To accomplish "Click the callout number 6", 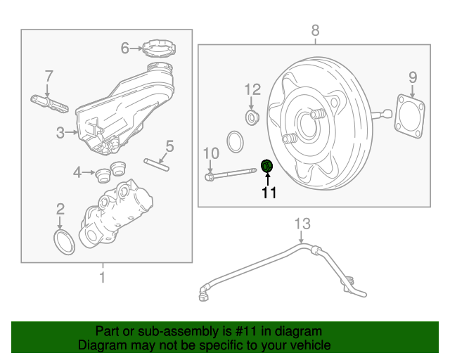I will [125, 48].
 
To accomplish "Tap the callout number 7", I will [49, 76].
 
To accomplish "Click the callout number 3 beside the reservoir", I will [60, 131].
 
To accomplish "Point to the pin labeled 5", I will [157, 164].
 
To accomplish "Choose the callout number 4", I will [78, 171].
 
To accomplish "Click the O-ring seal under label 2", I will [64, 240].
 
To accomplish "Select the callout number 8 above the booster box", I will [315, 30].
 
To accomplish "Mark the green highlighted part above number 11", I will [267, 166].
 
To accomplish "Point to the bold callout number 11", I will [269, 193].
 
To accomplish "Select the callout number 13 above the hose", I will [302, 224].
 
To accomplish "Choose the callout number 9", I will [413, 77].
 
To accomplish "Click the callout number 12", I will [252, 89].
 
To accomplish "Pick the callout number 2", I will [60, 208].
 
